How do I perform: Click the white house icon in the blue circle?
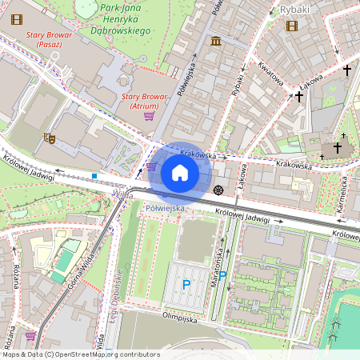click(x=180, y=172)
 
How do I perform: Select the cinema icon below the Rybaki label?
click(x=290, y=26)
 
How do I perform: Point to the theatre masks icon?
click(x=48, y=138)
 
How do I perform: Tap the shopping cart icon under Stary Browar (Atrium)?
click(x=149, y=116)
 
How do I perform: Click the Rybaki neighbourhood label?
click(x=294, y=10)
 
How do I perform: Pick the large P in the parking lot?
click(x=186, y=284)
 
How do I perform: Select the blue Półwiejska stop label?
click(x=166, y=208)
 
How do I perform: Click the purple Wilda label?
click(x=122, y=194)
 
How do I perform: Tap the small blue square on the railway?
click(x=94, y=176)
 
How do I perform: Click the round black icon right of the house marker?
click(x=218, y=189)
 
